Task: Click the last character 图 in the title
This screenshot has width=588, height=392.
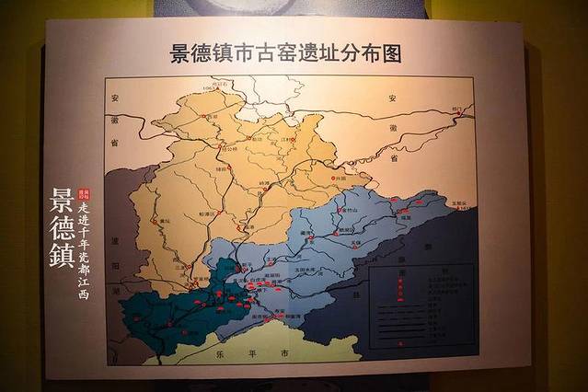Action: (x=392, y=52)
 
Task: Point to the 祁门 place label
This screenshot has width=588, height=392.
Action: (x=456, y=109)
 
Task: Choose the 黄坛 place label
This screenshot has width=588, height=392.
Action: (x=162, y=222)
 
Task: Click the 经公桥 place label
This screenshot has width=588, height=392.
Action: (x=228, y=148)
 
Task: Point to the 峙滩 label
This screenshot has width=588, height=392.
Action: (x=269, y=184)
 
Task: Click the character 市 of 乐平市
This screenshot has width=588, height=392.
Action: (x=286, y=352)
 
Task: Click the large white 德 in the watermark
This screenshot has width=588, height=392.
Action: (x=63, y=226)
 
